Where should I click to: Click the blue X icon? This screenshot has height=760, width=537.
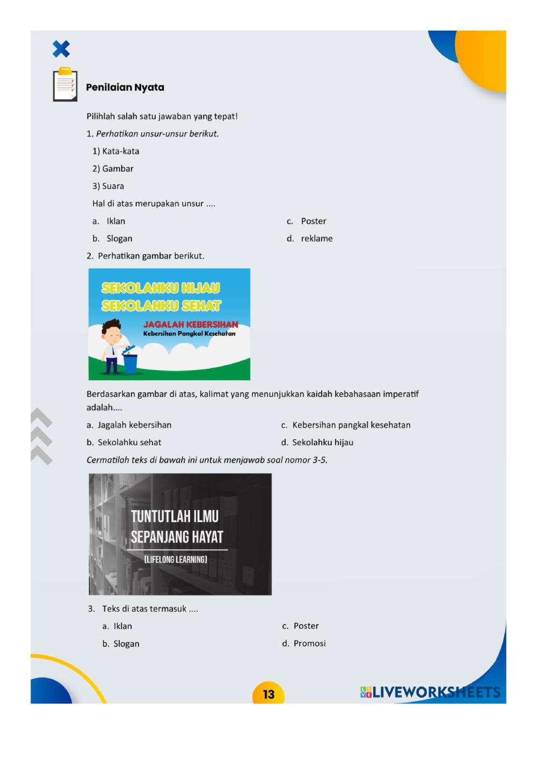(61, 49)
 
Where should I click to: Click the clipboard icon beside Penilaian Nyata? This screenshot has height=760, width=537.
(65, 85)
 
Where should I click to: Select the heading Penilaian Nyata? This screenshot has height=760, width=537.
(125, 87)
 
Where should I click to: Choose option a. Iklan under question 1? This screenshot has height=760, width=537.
(115, 221)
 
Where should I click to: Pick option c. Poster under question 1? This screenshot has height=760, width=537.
(313, 221)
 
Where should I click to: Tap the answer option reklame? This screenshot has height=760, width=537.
(316, 239)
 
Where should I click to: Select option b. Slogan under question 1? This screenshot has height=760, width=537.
(119, 239)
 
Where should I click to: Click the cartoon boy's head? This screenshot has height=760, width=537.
(112, 330)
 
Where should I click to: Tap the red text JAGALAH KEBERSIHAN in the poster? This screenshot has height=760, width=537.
(190, 324)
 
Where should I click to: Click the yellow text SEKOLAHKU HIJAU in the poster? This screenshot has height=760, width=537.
(161, 288)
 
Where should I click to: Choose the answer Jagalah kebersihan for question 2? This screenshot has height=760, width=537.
(134, 425)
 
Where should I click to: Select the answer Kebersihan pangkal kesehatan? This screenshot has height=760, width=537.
(351, 425)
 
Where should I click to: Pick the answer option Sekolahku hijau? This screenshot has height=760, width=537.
(322, 442)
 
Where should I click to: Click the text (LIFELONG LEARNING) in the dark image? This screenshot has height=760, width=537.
(176, 560)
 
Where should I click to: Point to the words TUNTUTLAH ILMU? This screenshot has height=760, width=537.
(175, 517)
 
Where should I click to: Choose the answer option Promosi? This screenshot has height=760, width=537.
(309, 643)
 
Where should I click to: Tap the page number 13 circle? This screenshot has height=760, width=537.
(268, 694)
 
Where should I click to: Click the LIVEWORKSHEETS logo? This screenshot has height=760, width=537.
(430, 692)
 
